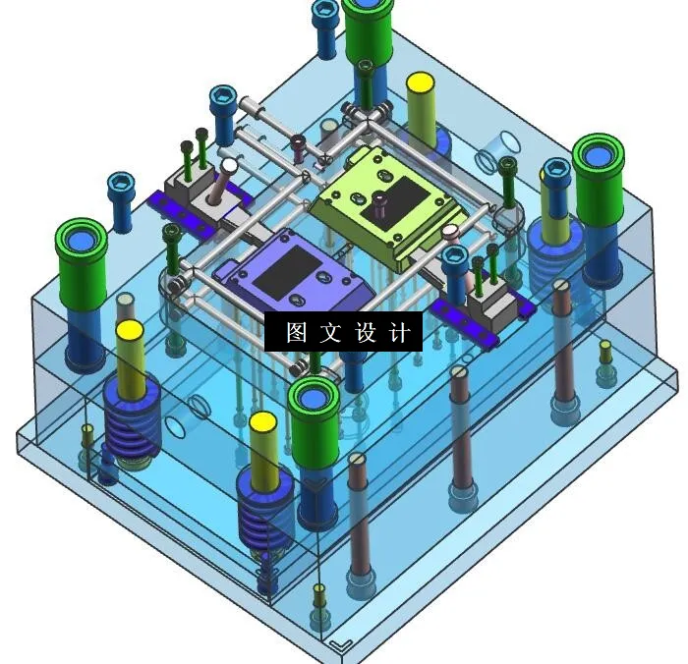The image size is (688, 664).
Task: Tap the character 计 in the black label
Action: coord(400,333)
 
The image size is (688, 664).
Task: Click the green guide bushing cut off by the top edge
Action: coord(369,29)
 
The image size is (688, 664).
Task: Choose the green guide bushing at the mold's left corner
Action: coord(82,260)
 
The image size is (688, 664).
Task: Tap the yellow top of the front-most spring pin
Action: coord(263,424)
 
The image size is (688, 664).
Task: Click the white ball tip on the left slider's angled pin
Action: coord(229,166)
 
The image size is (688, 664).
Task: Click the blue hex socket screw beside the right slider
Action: coord(454,258)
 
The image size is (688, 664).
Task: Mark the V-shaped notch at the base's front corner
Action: coord(341,645)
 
